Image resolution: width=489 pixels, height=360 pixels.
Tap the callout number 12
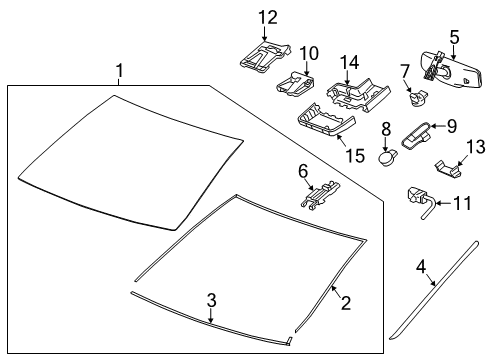tap(265, 16)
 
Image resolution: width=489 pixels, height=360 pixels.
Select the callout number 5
tap(454, 38)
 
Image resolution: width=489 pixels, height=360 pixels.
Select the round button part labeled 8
tap(387, 156)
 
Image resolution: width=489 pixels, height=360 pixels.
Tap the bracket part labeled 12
tap(264, 55)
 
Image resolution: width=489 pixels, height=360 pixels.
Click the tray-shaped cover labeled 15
tap(324, 125)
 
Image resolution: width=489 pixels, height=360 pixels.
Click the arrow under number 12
tap(265, 35)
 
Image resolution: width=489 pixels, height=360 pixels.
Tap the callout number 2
tap(346, 302)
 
